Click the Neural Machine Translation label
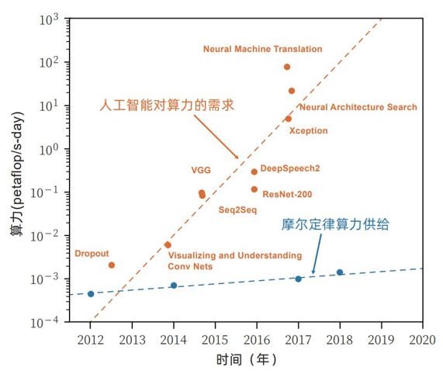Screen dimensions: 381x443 pos(262,49)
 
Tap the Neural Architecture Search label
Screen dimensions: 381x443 pos(358,107)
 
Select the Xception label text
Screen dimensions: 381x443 pos(308,131)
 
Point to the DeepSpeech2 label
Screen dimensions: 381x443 pos(290,168)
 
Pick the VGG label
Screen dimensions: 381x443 pos(201,170)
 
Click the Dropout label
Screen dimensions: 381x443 pos(92,253)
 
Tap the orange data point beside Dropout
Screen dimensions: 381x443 pos(112,265)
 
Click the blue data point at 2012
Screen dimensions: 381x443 pos(91,294)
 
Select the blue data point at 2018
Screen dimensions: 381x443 pos(340,272)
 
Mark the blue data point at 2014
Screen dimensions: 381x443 pos(174,286)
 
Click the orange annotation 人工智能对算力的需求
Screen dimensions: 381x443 pos(168,105)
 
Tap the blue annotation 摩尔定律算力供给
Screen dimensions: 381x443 pos(334,225)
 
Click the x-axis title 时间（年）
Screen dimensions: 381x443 pos(246,361)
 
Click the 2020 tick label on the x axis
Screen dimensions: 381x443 pos(421,338)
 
